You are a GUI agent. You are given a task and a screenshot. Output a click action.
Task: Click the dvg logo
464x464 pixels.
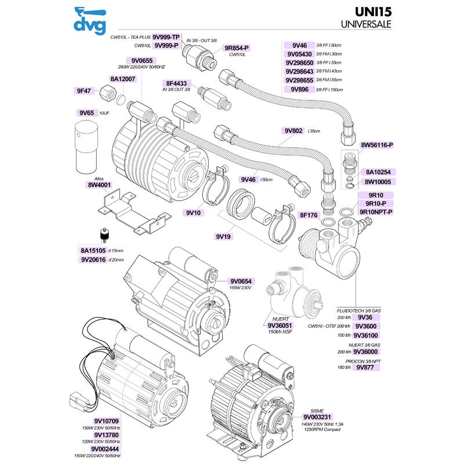tap(90, 20)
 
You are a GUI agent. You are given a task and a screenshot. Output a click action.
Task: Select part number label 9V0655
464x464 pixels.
tap(142, 60)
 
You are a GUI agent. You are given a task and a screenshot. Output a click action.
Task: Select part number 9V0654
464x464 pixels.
tap(242, 281)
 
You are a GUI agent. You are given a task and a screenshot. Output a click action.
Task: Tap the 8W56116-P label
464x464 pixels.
tap(377, 144)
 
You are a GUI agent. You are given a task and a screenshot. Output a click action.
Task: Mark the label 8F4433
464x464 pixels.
tap(176, 83)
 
